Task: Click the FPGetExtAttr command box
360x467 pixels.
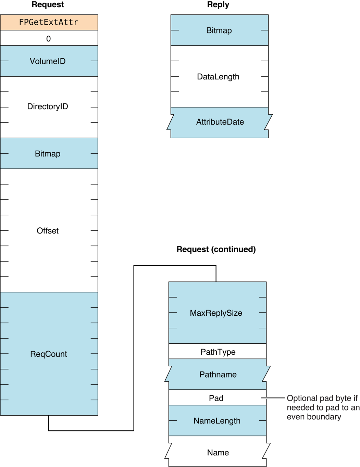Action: [49, 22]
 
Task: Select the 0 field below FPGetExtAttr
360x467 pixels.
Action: [49, 38]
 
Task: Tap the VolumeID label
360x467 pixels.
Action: [48, 61]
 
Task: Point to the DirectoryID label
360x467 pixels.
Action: [48, 106]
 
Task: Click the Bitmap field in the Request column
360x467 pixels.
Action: [48, 154]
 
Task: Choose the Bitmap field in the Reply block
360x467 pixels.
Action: [219, 30]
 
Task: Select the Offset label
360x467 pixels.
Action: [48, 231]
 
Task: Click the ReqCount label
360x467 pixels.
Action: [49, 354]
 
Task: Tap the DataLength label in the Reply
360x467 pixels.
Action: [218, 77]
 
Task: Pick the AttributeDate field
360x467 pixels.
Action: [220, 122]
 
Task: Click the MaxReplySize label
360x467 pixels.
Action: [216, 313]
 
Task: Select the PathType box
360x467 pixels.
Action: [218, 352]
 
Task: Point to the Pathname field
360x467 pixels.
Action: [218, 375]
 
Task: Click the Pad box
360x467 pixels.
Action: [216, 398]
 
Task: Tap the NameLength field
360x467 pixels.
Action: [217, 421]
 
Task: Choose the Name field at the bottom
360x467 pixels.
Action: [218, 453]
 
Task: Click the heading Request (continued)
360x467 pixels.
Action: [216, 249]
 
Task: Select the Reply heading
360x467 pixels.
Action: [218, 5]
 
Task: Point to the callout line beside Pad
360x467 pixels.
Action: [273, 398]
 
